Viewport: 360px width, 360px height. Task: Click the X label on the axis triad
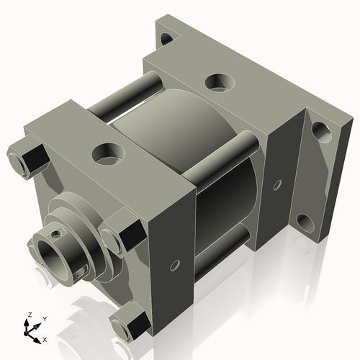(45, 338)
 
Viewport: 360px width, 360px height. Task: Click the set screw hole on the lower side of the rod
(81, 270)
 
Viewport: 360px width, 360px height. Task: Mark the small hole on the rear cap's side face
(276, 186)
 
